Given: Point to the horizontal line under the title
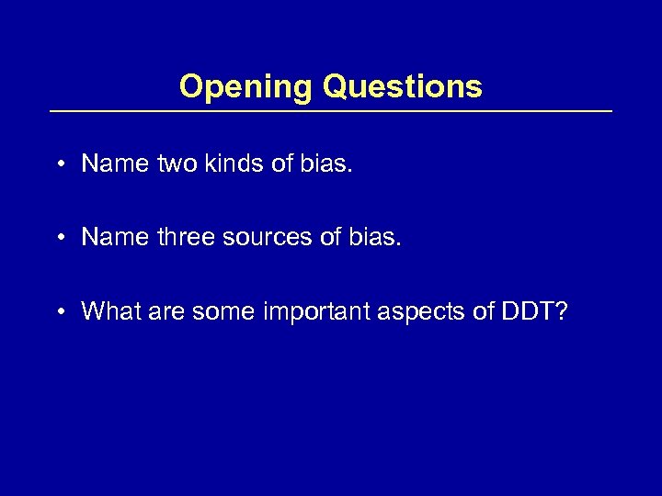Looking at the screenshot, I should [330, 111].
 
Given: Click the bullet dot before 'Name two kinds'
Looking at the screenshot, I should [59, 164].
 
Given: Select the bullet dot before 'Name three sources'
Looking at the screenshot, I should [59, 238].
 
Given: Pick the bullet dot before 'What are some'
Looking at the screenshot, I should [59, 312].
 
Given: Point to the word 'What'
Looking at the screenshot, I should [107, 311].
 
